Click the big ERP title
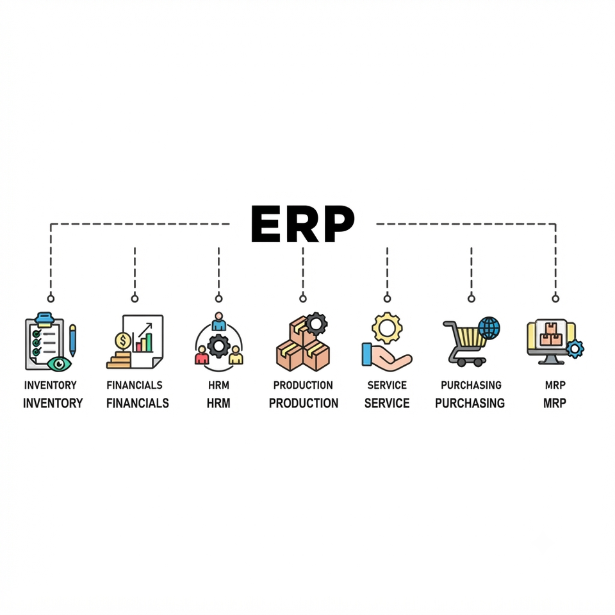302,224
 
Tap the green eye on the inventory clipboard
59,364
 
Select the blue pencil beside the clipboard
72,340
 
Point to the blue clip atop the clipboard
45,319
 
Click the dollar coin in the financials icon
123,340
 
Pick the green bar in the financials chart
149,343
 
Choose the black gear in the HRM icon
219,346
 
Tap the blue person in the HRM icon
219,322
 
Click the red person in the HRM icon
202,355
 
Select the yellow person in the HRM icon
236,355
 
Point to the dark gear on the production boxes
316,324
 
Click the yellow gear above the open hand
387,328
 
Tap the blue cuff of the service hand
366,354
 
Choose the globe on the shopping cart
489,328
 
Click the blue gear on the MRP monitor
575,348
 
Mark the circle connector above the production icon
303,299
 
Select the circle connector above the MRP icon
555,299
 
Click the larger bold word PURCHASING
470,403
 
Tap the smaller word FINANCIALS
135,385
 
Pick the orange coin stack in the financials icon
119,360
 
